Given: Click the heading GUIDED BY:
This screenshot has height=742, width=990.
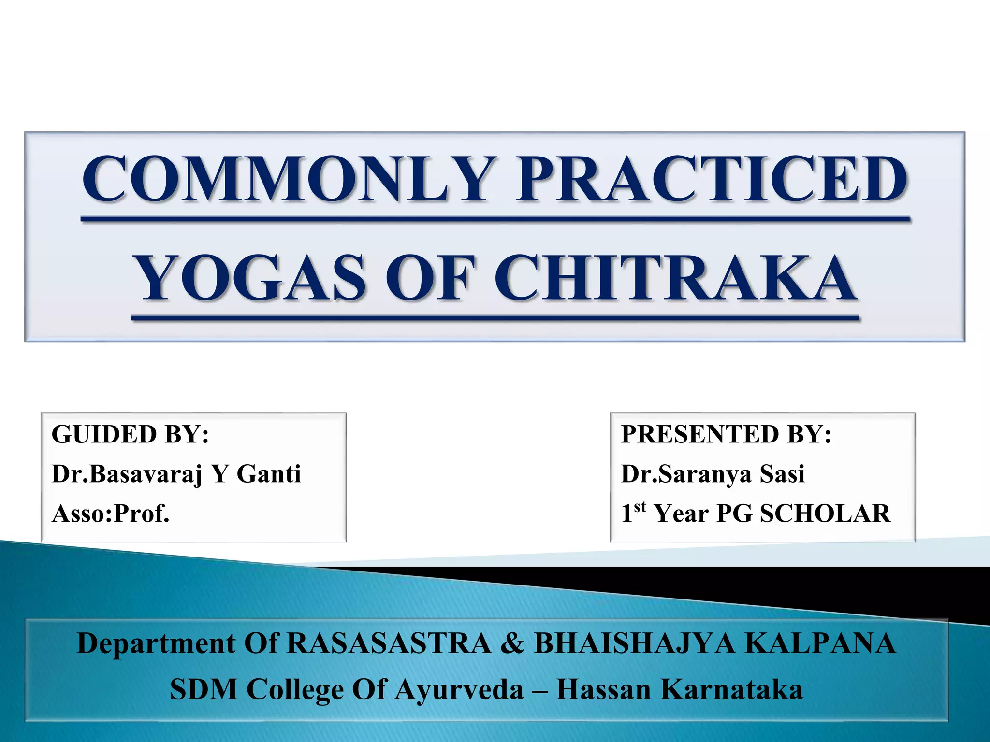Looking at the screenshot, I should point(130,434).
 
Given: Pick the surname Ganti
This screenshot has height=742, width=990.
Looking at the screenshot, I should point(269,473).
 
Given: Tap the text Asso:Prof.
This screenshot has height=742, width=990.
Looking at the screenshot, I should point(111,513).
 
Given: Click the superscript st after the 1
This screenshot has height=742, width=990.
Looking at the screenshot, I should point(640,507).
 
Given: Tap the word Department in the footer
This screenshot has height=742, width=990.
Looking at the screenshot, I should point(156,643).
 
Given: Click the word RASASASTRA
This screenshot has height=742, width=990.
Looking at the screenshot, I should point(389,643).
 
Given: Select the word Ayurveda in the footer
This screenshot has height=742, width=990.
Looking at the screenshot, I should point(459,689).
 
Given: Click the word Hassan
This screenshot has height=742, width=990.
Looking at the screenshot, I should point(604,689).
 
